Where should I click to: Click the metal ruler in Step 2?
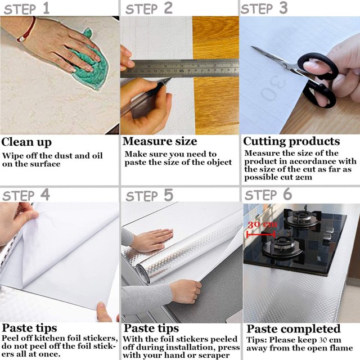(x=179, y=68)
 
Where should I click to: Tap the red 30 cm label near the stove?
(x=262, y=224)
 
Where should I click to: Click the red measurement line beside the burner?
(x=261, y=234)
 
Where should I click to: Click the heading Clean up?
(x=26, y=142)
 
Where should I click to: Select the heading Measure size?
(x=160, y=141)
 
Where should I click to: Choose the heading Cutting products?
(x=291, y=141)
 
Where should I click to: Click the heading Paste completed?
(x=294, y=329)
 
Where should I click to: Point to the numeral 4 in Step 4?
(x=45, y=195)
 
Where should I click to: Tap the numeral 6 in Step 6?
(x=287, y=194)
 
